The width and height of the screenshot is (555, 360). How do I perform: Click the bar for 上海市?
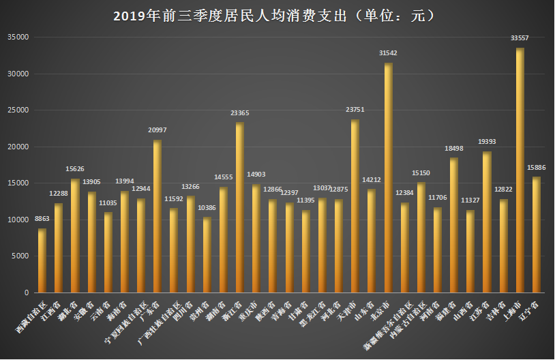tap(520, 170)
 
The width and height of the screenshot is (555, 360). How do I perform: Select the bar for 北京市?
tap(388, 177)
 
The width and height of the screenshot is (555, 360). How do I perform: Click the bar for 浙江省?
tap(240, 207)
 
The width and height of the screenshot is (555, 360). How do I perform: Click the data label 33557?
tap(520, 39)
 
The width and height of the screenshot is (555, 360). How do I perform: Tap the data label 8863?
tap(42, 220)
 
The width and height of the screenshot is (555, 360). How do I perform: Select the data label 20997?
tap(157, 130)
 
